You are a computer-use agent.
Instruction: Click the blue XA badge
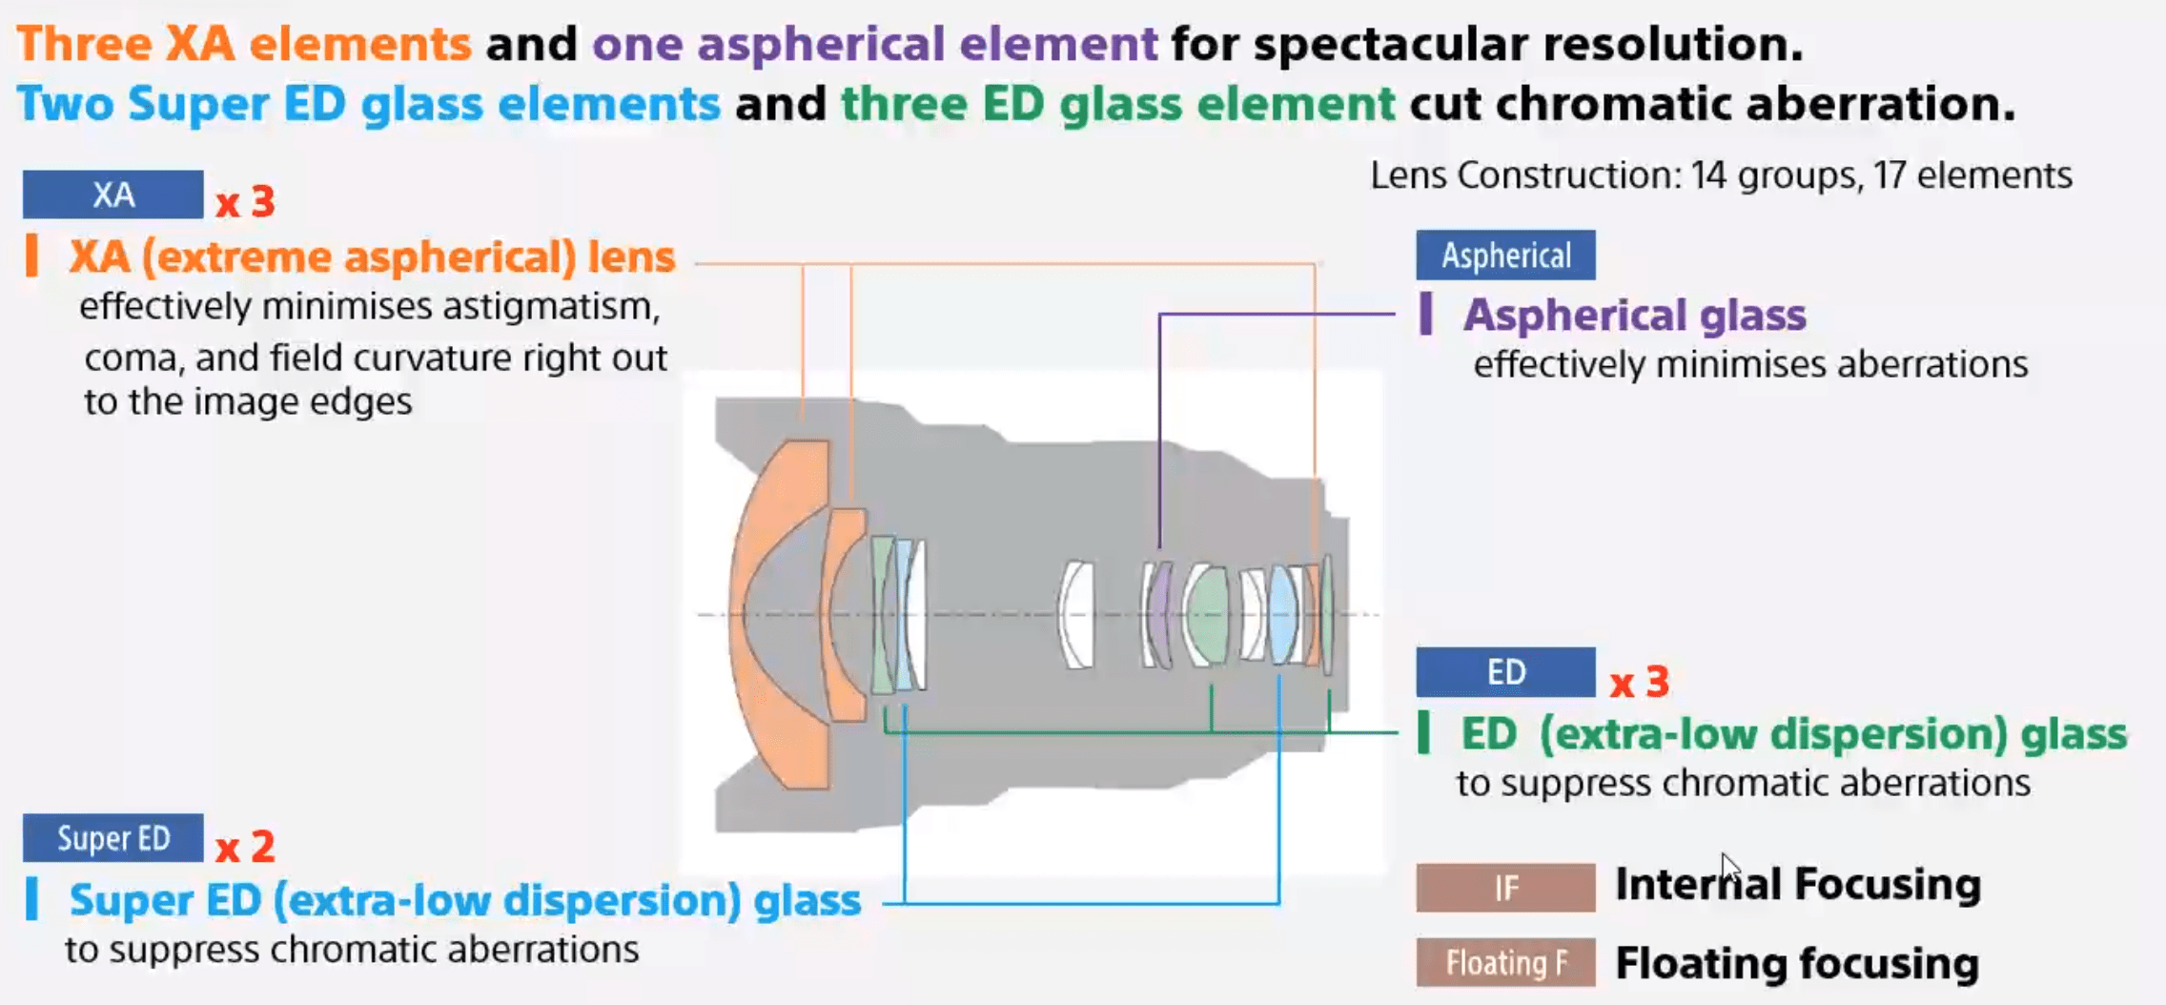point(112,195)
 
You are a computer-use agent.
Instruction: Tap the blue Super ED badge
point(112,838)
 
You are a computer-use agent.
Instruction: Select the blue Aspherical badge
point(1505,256)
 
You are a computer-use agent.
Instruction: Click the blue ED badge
point(1505,672)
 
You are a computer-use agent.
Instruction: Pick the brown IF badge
point(1505,888)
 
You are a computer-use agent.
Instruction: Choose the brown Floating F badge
point(1505,962)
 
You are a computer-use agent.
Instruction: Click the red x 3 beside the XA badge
point(245,202)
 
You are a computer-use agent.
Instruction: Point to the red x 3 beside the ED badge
point(1640,682)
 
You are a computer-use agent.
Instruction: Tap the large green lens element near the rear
point(1207,614)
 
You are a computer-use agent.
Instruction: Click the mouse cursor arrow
point(1729,868)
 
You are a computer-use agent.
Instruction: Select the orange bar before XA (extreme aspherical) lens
point(32,256)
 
